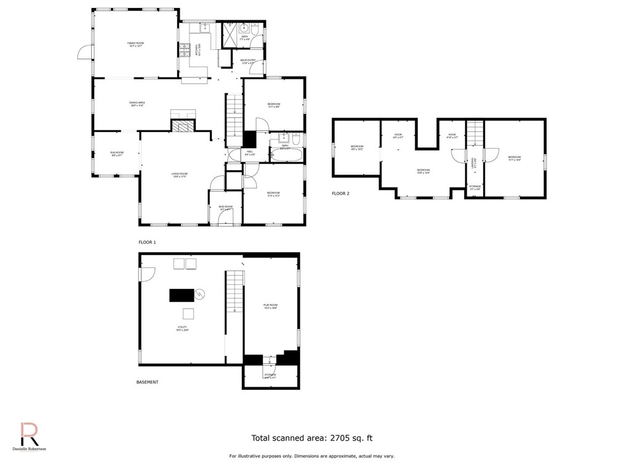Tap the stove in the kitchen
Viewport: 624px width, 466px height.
click(x=184, y=51)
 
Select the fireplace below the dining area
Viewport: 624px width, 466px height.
click(x=183, y=127)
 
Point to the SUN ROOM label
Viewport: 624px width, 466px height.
click(x=117, y=154)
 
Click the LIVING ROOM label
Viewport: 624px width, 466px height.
click(x=180, y=175)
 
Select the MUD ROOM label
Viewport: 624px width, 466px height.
click(x=225, y=208)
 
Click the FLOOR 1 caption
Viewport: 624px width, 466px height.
click(x=147, y=242)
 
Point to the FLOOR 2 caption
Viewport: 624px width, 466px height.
click(x=340, y=194)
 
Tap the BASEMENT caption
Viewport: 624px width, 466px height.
click(x=147, y=382)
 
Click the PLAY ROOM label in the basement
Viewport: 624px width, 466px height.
click(x=271, y=306)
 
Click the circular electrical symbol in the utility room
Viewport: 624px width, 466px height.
click(x=199, y=295)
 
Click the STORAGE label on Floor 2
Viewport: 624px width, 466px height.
click(x=474, y=188)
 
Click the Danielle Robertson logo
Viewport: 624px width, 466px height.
click(x=30, y=437)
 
